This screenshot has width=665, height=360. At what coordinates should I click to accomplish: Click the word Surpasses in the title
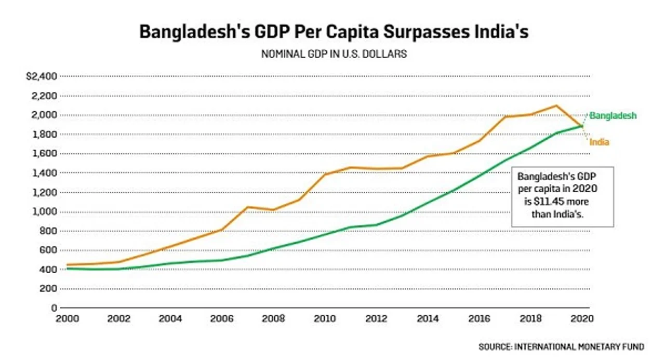(426, 32)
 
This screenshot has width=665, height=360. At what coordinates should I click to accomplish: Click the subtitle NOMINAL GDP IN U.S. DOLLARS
(334, 54)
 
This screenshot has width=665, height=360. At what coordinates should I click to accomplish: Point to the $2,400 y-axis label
(42, 76)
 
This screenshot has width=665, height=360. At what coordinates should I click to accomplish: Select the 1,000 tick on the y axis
(45, 211)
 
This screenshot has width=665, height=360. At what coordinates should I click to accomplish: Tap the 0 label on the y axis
(54, 308)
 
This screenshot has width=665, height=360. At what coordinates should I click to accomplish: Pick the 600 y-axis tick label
(48, 250)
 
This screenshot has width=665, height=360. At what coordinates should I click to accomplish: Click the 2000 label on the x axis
(68, 319)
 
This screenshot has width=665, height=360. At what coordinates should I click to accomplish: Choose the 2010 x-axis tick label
(325, 319)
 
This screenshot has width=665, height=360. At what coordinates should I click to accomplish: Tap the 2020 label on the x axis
(582, 319)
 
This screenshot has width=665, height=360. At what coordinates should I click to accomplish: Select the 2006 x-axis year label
(222, 319)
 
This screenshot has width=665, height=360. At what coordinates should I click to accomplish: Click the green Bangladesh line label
(613, 115)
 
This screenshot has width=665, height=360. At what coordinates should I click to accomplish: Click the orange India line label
(599, 142)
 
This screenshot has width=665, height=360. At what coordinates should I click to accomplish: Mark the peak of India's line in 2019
(556, 105)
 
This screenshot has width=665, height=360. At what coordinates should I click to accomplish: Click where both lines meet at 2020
(582, 126)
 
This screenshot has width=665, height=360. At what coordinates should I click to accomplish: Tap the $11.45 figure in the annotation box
(549, 202)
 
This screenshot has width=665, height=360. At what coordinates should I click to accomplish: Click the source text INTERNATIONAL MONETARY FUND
(579, 347)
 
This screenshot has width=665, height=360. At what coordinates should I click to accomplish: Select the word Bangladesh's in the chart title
(195, 32)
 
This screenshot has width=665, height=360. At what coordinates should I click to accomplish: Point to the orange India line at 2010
(325, 174)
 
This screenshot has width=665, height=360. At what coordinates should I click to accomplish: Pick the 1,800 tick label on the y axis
(45, 135)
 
